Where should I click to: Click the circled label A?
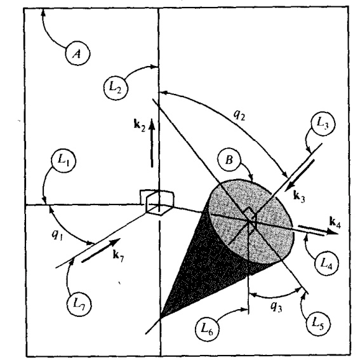77,53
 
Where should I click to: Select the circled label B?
229,160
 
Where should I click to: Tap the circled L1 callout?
63,160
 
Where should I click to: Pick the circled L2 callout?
116,88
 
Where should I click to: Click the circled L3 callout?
323,124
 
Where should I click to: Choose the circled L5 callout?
319,323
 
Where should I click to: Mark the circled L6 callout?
208,329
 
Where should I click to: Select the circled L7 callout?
79,304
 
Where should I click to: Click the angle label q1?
57,235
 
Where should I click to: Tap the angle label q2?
239,116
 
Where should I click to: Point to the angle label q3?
276,307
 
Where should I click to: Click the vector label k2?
140,125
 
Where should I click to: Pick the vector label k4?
335,222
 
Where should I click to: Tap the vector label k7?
118,256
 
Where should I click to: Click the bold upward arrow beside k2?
152,143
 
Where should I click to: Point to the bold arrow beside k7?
101,250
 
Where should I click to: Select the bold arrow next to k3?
300,175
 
